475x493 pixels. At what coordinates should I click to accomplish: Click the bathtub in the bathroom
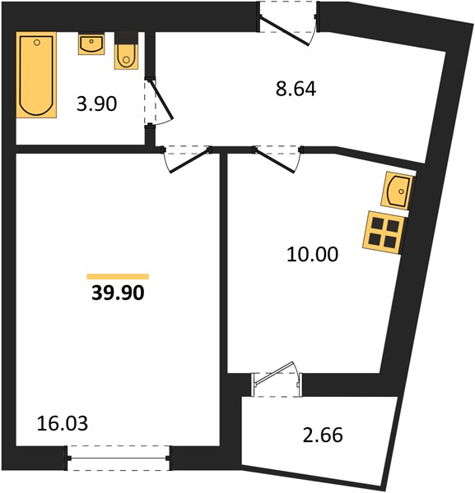pyautogui.click(x=36, y=75)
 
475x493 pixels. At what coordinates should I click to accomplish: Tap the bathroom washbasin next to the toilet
pyautogui.click(x=91, y=44)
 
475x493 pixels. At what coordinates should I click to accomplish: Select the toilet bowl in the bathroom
pyautogui.click(x=126, y=57)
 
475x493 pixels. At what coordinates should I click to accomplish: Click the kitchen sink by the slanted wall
pyautogui.click(x=397, y=191)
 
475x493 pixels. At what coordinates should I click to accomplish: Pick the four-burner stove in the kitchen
pyautogui.click(x=384, y=233)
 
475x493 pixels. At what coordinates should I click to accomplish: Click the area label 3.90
pyautogui.click(x=96, y=104)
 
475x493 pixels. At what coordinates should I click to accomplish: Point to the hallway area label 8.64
pyautogui.click(x=296, y=89)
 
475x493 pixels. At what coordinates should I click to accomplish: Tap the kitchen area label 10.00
pyautogui.click(x=313, y=254)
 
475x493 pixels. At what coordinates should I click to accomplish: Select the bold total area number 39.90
pyautogui.click(x=118, y=293)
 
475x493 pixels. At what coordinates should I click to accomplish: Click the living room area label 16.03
pyautogui.click(x=63, y=423)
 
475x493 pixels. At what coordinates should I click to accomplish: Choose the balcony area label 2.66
pyautogui.click(x=323, y=435)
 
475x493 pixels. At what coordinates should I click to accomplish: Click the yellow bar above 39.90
pyautogui.click(x=118, y=276)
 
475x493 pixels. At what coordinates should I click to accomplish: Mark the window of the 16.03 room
pyautogui.click(x=118, y=458)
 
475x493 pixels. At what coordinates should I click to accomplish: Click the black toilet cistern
pyautogui.click(x=126, y=38)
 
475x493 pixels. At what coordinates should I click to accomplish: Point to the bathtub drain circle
pyautogui.click(x=37, y=43)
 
